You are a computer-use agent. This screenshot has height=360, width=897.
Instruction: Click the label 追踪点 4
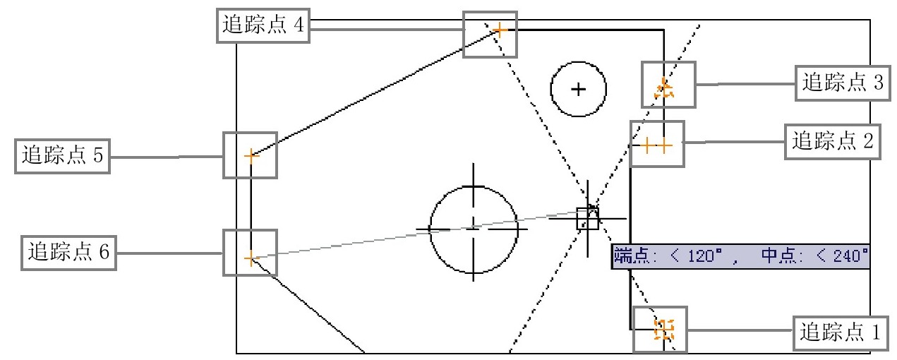pos(263,25)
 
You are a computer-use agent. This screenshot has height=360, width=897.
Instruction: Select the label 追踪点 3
pos(843,83)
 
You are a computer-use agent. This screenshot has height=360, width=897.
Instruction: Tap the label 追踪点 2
pos(832,142)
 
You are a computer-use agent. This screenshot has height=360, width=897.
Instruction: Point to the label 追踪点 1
pos(840,332)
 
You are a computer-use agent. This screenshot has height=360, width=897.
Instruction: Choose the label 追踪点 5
pos(63,156)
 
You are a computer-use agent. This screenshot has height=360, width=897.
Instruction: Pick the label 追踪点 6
pos(68,253)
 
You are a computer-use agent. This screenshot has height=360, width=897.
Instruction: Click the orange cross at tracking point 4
pos(500,30)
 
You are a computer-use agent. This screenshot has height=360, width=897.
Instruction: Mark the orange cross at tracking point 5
pos(251,156)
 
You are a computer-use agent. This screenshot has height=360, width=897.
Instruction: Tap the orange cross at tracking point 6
pos(251,258)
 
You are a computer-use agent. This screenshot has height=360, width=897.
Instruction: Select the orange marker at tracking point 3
pos(664,88)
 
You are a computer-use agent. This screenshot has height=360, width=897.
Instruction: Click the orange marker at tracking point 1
pos(664,330)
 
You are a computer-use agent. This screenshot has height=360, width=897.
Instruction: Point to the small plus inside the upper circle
pos(578,90)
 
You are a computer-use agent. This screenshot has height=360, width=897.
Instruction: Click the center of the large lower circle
pos(474,229)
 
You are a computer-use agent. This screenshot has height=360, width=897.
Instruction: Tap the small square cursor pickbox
pos(587,219)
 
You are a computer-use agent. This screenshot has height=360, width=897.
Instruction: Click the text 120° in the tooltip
pos(705,256)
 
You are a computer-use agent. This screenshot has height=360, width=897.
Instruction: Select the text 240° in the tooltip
pos(851,256)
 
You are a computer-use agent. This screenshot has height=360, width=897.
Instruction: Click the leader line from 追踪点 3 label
pos(745,84)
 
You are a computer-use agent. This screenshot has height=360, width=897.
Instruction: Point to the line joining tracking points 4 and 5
pos(375,93)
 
